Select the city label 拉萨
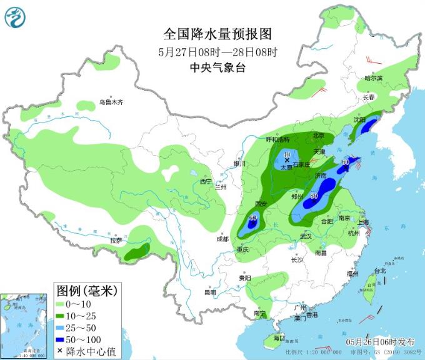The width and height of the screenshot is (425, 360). coord(116,241)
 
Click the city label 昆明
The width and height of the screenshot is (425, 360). coord(210,292)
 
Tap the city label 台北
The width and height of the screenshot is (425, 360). coord(379,271)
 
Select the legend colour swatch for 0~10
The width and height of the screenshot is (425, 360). coord(62,304)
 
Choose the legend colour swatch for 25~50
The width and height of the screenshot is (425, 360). coord(62,327)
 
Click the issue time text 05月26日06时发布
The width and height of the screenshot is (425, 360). coord(379,342)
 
